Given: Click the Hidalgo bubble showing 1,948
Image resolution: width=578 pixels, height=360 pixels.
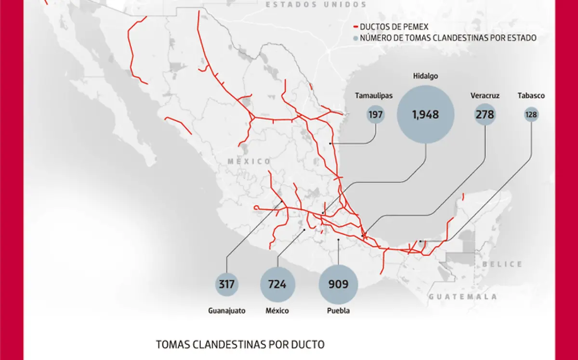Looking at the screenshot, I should [425, 115].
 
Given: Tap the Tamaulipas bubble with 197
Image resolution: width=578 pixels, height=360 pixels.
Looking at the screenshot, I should [375, 115].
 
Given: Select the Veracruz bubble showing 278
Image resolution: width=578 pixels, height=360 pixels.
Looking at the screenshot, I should [485, 115].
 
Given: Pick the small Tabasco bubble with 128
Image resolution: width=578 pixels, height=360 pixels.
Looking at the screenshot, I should [532, 115].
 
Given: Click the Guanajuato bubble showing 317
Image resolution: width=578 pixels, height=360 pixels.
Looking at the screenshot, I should [226, 284].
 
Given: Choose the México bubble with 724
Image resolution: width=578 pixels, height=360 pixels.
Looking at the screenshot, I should [277, 284].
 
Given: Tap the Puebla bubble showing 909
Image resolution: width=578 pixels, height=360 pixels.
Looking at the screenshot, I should [338, 284].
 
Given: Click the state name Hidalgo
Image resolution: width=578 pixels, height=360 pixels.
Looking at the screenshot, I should [425, 76].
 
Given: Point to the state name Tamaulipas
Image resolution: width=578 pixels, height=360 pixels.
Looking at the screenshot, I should [374, 95].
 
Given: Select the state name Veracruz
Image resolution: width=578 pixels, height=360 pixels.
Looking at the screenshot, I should [485, 95].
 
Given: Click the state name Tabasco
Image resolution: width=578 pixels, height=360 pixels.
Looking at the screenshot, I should [531, 95].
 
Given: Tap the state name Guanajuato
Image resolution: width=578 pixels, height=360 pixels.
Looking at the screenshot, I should [226, 311].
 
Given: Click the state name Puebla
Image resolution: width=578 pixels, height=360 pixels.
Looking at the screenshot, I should [338, 311].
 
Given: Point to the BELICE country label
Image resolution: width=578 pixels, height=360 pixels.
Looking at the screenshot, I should [503, 264].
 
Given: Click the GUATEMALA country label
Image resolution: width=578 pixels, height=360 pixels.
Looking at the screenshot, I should [463, 297].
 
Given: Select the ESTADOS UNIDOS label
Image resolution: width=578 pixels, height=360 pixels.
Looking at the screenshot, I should [316, 5].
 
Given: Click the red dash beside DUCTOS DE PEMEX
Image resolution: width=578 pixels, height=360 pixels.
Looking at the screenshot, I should [356, 27].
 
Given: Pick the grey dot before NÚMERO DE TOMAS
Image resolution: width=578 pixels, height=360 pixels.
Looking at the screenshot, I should [356, 38].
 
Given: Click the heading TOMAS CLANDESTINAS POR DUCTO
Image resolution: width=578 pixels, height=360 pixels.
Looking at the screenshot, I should [240, 345].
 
